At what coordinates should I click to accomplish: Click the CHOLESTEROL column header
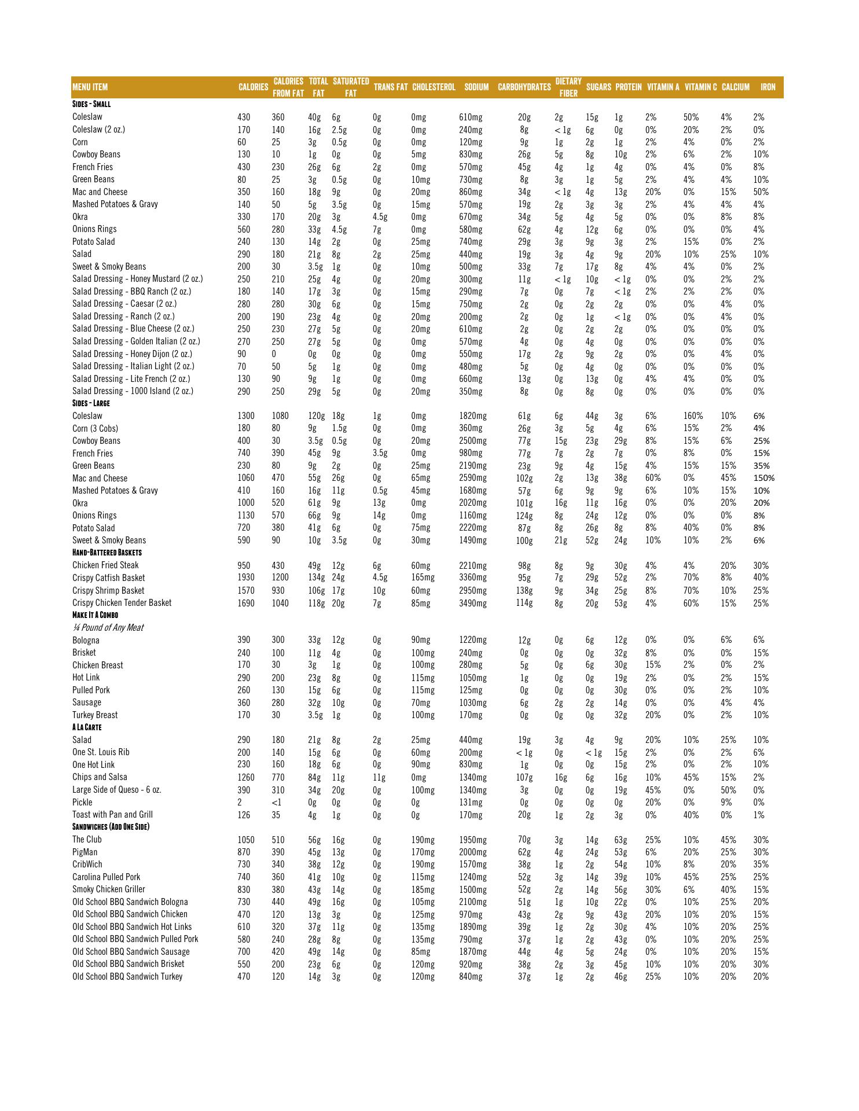[434, 87]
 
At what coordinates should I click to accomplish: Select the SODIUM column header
[476, 87]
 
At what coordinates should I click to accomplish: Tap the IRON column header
[768, 87]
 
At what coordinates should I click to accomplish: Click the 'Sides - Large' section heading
[91, 403]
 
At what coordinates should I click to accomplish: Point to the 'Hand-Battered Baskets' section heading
[107, 553]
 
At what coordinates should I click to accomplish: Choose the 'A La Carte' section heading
[87, 727]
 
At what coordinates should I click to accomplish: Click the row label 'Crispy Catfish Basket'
[109, 578]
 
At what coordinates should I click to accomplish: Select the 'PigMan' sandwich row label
[85, 852]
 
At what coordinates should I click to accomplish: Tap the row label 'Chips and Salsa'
[100, 777]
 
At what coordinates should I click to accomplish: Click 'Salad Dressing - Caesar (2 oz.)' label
[124, 304]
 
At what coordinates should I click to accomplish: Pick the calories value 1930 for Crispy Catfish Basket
[246, 578]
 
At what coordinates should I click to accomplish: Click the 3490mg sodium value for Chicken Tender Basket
[473, 603]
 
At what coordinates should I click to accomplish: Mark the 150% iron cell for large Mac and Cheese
[763, 479]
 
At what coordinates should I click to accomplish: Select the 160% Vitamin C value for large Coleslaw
[693, 416]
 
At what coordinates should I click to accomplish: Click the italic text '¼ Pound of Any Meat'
[108, 628]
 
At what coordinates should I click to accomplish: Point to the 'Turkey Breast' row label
[95, 715]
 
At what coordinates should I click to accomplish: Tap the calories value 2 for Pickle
[240, 803]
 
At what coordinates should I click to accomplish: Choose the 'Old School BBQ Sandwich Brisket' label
[129, 964]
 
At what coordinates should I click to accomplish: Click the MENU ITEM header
[90, 87]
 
